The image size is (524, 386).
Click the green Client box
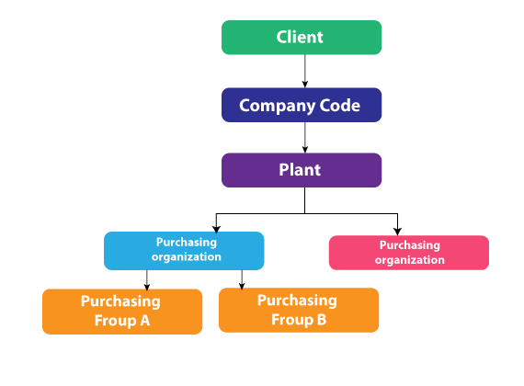tap(302, 38)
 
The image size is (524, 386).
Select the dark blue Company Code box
tap(302, 105)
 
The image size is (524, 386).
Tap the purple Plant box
tap(302, 170)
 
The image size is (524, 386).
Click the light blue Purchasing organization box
tap(184, 251)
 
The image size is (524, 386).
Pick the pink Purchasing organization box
tap(409, 253)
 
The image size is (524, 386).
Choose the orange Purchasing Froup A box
tap(122, 312)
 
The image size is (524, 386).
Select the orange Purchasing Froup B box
tap(299, 310)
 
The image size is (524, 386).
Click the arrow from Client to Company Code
tap(305, 71)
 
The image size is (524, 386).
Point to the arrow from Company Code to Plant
tap(305, 137)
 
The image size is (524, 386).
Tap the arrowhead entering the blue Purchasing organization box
tap(216, 229)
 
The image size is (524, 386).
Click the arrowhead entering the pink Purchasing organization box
tap(397, 231)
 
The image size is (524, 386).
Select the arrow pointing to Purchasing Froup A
tap(147, 279)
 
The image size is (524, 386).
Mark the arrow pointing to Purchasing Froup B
tap(242, 279)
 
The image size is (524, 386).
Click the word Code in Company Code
tap(340, 106)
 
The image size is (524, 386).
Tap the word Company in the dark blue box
tap(277, 107)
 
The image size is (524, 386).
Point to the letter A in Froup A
tap(144, 321)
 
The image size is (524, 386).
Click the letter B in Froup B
tap(322, 320)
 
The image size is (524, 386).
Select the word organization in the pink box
tap(410, 260)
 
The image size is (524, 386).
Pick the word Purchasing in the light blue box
tap(187, 243)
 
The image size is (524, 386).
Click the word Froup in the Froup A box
tap(116, 321)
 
